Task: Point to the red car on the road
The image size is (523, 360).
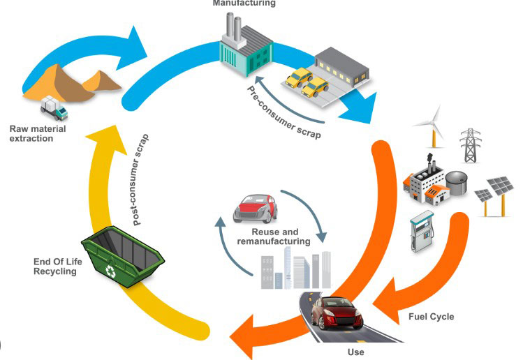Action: [x=339, y=312]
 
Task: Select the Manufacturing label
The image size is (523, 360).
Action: [x=244, y=3]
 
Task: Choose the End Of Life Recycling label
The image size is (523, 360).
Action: [x=55, y=266]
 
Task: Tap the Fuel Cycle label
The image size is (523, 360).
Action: [x=431, y=317]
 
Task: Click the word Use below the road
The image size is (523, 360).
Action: [x=355, y=352]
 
